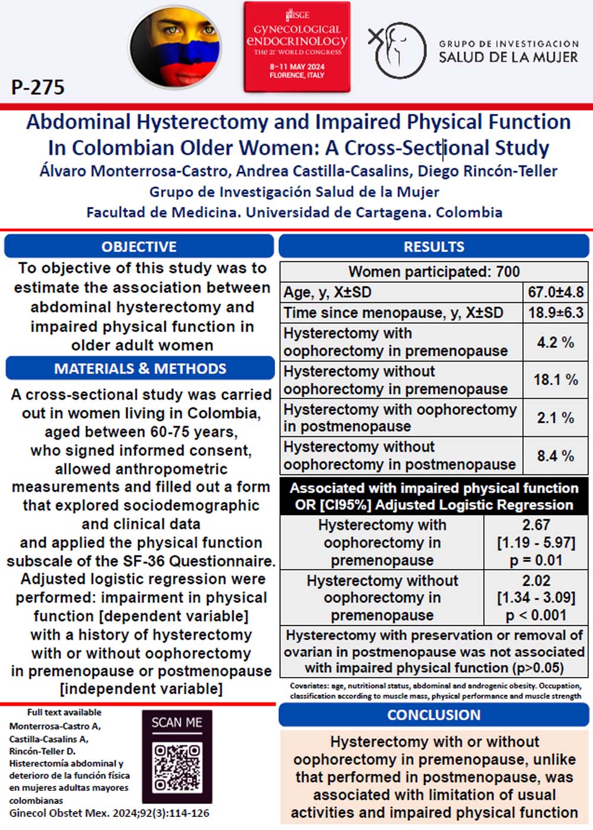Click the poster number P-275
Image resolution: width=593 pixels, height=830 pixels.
(38, 88)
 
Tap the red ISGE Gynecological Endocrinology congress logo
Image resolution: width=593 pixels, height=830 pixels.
(296, 47)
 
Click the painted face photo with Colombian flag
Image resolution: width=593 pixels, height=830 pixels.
(176, 47)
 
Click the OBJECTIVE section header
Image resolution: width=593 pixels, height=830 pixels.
(139, 247)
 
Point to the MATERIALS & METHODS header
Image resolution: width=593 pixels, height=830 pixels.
(140, 368)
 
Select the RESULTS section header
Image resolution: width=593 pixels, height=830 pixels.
(433, 247)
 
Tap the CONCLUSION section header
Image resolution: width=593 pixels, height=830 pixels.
(433, 715)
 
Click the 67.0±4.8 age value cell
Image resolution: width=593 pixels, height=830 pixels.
(556, 292)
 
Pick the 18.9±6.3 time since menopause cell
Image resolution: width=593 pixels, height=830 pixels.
(556, 312)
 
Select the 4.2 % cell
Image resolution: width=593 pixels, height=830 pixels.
(556, 342)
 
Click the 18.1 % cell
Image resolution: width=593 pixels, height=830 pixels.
(556, 379)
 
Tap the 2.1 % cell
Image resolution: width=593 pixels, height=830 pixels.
(556, 417)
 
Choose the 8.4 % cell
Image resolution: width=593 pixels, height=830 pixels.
(556, 456)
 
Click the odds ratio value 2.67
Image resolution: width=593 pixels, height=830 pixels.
(536, 525)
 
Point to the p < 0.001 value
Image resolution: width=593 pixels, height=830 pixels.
(536, 615)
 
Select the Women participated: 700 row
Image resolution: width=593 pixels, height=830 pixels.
(433, 272)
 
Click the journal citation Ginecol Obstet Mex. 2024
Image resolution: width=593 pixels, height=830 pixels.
(109, 813)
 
